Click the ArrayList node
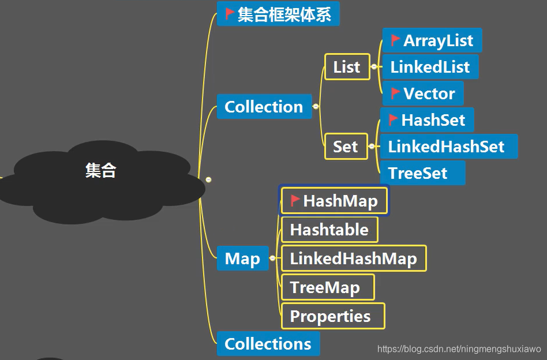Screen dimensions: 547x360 pos(432,40)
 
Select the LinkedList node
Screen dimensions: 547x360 pos(430,67)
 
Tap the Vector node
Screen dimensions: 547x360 pos(423,93)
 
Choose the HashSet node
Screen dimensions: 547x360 pos(427,120)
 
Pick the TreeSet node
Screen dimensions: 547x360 pos(418,173)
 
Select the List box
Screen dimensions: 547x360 pos(347,67)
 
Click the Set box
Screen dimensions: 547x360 pos(346,147)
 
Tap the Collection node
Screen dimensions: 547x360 pos(264,107)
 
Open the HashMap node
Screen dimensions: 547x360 pos(335,201)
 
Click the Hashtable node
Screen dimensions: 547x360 pos(329,230)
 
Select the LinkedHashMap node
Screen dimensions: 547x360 pos(353,258)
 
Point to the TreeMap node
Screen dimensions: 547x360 pos(325,287)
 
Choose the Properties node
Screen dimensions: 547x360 pos(330,316)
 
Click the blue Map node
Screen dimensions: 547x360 pos(242,258)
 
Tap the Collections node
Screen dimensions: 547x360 pos(268,344)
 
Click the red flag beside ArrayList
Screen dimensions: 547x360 pos(395,40)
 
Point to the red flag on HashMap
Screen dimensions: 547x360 pos(295,200)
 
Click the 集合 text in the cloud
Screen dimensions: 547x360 pos(100,170)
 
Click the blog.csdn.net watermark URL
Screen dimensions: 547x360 pos(459,349)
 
